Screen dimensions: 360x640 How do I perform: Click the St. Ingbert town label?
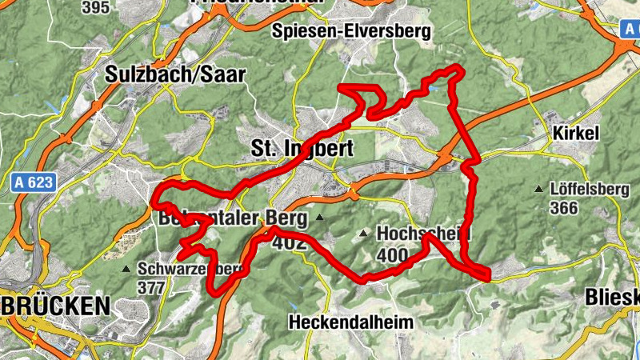click(x=302, y=149)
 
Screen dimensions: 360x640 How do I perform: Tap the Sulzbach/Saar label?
click(x=175, y=74)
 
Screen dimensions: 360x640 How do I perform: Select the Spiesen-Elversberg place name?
click(x=351, y=31)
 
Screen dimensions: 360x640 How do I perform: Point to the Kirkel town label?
click(x=575, y=134)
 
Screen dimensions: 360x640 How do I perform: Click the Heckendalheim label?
click(x=351, y=322)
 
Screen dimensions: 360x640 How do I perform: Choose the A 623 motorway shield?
click(x=33, y=183)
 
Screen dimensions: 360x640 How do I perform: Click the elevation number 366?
click(x=565, y=208)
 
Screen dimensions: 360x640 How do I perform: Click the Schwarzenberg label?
click(x=189, y=269)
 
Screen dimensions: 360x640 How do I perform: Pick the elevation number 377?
click(x=151, y=286)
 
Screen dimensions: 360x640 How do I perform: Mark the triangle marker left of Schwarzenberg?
click(x=126, y=269)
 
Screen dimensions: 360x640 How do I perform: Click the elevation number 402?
click(x=290, y=242)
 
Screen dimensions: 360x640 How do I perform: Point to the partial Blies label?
click(x=612, y=297)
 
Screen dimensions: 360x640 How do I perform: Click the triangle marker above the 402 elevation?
click(x=320, y=217)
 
